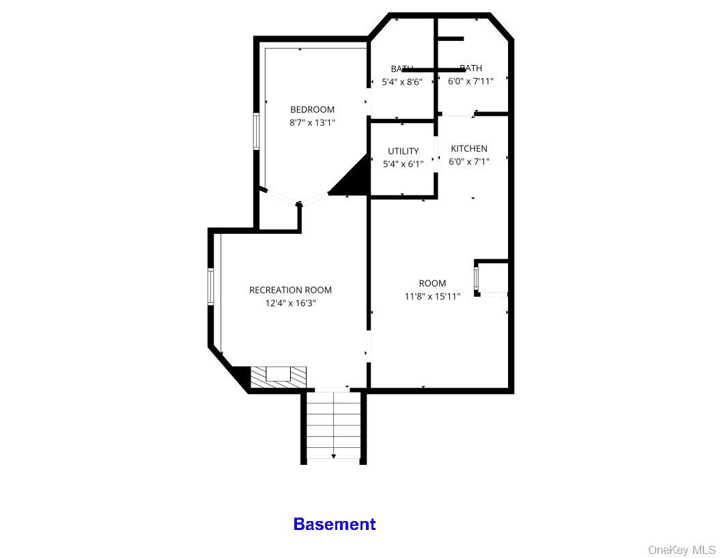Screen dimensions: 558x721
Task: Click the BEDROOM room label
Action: point(312,109)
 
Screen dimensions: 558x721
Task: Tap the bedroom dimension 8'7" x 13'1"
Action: point(312,122)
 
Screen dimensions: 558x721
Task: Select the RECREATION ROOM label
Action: point(290,290)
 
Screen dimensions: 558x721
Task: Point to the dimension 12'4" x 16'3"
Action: point(290,303)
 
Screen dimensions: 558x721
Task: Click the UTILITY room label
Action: point(403,151)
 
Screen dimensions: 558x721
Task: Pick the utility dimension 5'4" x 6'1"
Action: point(403,163)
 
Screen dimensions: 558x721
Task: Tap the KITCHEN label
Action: point(469,148)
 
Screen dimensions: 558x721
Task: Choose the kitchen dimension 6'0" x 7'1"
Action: point(469,161)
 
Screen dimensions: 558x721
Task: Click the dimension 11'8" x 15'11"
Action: point(432,296)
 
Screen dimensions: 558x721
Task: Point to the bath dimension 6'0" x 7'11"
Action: point(470,81)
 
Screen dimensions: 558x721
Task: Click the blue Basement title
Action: point(334,524)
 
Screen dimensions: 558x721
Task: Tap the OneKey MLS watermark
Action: point(681,550)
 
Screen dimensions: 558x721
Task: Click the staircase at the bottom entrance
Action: point(333,424)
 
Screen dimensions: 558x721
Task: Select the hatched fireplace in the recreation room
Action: point(278,375)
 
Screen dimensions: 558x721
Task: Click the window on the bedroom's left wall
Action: point(257,131)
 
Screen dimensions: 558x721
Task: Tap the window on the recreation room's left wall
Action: point(211,286)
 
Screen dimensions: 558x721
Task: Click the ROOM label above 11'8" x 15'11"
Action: point(432,283)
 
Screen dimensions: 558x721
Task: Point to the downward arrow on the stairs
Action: point(333,455)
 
